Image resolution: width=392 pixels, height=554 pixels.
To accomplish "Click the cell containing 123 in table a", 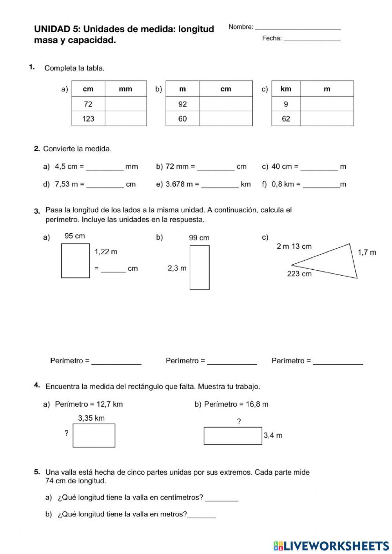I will tap(88, 118).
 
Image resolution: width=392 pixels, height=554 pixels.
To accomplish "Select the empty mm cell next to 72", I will tap(125, 104).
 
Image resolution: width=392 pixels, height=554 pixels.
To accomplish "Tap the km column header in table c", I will tap(286, 89).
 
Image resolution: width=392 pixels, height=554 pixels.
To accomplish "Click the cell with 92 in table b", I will tap(182, 104).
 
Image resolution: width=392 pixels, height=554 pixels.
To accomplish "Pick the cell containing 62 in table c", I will tap(286, 118).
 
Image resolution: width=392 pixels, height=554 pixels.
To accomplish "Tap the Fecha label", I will tap(272, 38).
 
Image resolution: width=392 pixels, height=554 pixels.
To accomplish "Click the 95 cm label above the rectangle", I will tap(74, 236).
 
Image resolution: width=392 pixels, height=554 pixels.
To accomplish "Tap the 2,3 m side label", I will tap(177, 268).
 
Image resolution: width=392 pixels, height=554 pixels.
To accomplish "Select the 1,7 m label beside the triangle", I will tap(367, 252).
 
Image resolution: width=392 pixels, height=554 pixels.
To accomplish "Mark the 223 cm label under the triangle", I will tap(299, 274).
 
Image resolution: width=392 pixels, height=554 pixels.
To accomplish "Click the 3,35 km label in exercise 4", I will tap(91, 418).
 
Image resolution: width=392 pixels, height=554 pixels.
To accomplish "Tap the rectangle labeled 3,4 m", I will tap(232, 436).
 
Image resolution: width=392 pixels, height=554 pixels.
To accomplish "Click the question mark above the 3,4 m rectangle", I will tap(239, 421).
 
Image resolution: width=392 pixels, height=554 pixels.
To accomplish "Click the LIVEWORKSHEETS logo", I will tap(331, 545).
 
